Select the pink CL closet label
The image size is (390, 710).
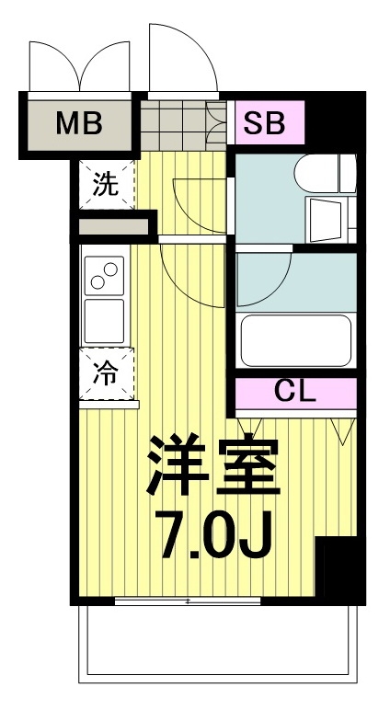(x=295, y=393)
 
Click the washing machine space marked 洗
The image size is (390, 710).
(x=106, y=184)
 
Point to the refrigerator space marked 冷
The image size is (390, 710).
(x=107, y=374)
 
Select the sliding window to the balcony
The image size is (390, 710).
(x=188, y=601)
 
